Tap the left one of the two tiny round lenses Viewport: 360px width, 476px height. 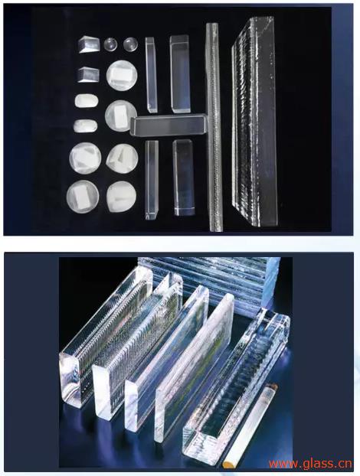tap(111, 44)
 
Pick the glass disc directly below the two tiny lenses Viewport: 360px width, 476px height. tap(119, 73)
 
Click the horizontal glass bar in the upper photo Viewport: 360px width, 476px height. tap(169, 125)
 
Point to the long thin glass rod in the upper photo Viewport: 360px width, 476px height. tap(213, 126)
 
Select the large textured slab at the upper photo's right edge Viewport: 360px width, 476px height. tap(255, 122)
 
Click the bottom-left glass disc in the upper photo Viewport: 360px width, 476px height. tap(83, 195)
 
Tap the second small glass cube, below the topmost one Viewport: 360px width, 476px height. tap(89, 74)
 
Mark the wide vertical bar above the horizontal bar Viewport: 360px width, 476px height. tap(180, 73)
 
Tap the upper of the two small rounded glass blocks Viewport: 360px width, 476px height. tap(85, 100)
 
